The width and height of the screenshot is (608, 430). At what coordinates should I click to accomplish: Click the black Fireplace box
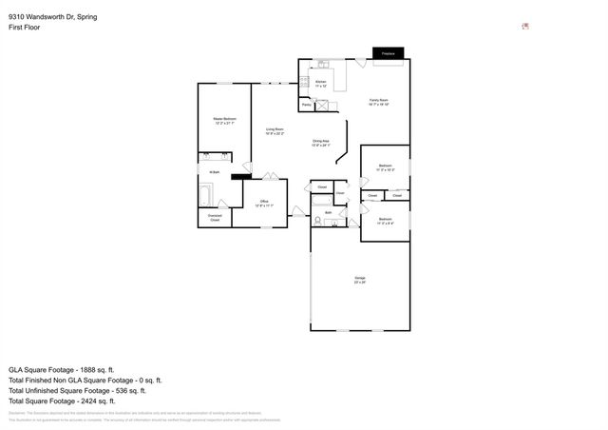(388, 54)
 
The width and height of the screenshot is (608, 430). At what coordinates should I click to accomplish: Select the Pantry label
(307, 105)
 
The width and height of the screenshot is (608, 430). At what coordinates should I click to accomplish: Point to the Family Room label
(379, 102)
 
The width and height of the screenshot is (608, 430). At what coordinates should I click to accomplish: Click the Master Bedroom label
(224, 121)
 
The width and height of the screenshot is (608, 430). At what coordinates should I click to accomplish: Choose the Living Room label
(275, 131)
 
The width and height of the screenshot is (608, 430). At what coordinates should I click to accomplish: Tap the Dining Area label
(321, 143)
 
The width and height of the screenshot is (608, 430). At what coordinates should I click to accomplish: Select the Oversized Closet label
(215, 218)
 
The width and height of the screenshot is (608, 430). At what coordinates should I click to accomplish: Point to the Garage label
(358, 280)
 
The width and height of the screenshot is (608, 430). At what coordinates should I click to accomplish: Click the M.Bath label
(215, 172)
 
